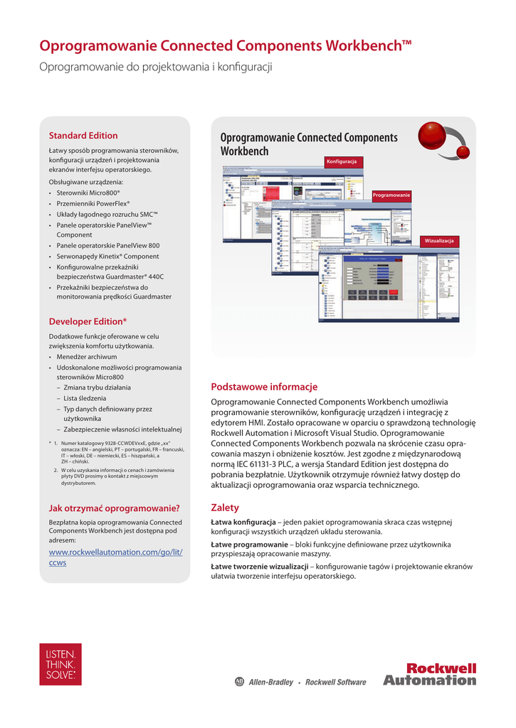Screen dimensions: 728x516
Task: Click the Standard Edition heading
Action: coord(83,135)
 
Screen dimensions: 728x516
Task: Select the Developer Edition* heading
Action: coord(88,321)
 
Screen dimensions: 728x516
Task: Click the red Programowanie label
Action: coord(391,195)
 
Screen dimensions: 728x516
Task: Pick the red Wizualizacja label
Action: coord(439,241)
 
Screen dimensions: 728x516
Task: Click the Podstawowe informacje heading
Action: coord(264,387)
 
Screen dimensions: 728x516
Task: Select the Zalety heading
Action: coord(225,508)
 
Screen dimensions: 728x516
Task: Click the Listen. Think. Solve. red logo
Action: coord(60,664)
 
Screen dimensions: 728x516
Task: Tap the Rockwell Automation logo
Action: coord(430,674)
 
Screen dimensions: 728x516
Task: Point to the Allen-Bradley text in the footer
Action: coord(270,682)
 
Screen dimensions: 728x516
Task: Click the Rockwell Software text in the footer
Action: coord(335,682)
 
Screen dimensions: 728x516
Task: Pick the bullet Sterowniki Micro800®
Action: coord(88,193)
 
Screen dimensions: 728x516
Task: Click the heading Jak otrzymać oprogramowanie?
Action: coord(114,508)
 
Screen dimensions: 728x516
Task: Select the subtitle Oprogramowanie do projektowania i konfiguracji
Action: coord(156,68)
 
